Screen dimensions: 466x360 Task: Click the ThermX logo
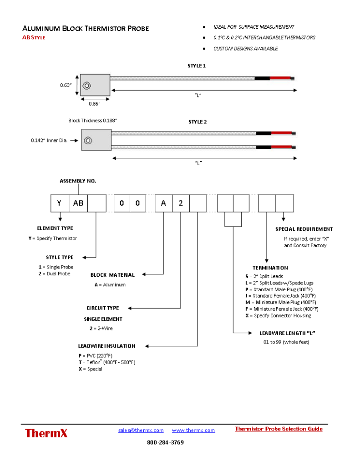[46, 433]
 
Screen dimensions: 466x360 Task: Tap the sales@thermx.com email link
[141, 430]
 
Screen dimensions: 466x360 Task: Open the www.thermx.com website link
[193, 430]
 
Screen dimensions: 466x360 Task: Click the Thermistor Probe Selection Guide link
[279, 429]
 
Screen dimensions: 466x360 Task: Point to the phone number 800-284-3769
[165, 442]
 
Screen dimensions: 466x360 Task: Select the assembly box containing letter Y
[59, 203]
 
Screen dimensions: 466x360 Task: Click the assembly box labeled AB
[78, 203]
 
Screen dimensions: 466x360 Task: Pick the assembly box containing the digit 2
[181, 203]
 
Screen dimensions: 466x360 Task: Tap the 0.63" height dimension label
[66, 85]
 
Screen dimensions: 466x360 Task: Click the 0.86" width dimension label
[95, 104]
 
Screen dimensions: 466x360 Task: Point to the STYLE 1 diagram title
[197, 66]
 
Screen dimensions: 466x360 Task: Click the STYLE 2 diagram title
[198, 122]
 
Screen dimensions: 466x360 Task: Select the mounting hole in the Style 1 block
[87, 85]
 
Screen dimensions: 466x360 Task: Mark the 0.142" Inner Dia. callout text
[49, 141]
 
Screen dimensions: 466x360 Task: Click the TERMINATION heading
[270, 268]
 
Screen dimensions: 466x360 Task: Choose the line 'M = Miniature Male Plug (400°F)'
[280, 302]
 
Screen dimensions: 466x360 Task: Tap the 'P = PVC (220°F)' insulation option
[96, 355]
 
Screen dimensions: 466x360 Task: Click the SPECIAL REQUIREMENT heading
[304, 229]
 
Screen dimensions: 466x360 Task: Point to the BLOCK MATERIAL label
[112, 275]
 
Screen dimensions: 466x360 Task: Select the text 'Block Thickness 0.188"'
[93, 121]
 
